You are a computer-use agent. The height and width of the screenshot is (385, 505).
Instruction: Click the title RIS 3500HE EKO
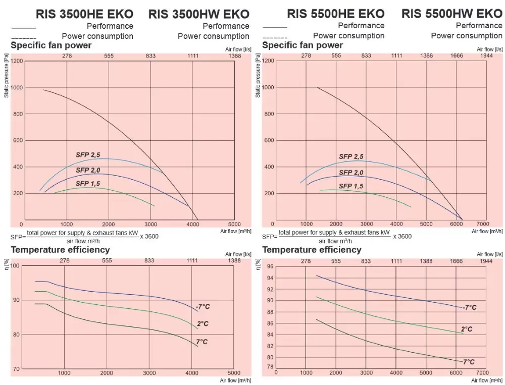point(85,13)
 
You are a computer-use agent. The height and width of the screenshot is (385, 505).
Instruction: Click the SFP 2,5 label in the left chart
point(88,154)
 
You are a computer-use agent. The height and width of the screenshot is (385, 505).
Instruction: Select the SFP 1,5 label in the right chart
point(351,186)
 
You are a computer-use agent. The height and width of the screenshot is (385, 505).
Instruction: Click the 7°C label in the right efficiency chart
point(468,362)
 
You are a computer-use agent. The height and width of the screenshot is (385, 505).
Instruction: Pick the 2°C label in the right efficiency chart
point(467,329)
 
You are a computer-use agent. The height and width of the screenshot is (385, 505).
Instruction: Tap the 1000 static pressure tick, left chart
point(17,87)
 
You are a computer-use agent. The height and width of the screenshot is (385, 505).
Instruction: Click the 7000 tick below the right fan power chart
point(483,223)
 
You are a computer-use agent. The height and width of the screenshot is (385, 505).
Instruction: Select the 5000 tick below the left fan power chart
point(234,224)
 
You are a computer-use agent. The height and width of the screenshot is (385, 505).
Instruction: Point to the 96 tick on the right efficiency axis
point(270,266)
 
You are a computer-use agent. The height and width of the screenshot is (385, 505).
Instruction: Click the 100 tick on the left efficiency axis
point(15,266)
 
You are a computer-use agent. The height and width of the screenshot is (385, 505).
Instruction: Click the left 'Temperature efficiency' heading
point(60,250)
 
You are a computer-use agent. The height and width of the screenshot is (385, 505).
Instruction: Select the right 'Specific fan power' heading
point(302,45)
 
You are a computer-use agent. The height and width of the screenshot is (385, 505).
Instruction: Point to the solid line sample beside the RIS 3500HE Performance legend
point(23,27)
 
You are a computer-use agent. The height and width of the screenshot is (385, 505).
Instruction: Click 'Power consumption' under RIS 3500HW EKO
point(214,36)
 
